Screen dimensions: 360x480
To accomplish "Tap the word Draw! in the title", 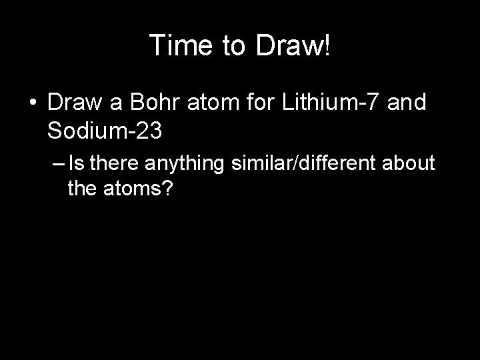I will point(295,45).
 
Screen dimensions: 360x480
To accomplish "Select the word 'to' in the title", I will point(235,45).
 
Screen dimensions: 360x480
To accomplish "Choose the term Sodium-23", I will point(105,131).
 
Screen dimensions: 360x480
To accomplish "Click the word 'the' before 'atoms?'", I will point(82,189).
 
